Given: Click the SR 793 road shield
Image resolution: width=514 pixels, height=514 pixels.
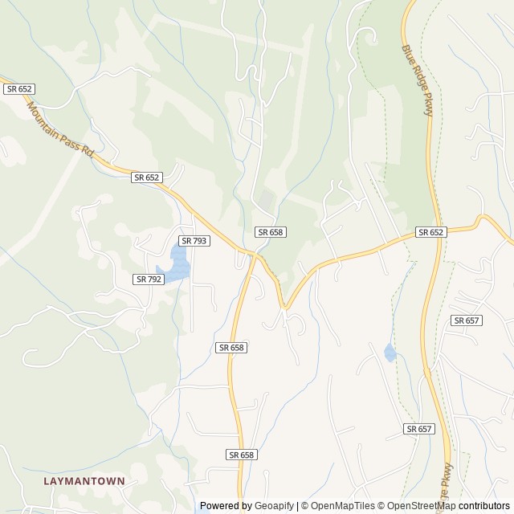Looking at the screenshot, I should point(194,240).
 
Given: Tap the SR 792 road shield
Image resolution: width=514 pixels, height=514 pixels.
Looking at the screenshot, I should point(149,279).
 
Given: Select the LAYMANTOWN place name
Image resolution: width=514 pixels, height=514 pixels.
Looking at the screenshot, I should point(84,480).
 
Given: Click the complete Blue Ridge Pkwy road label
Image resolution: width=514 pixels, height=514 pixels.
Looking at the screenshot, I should point(418,80).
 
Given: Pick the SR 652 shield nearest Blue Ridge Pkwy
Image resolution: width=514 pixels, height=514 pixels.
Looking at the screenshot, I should point(430,232).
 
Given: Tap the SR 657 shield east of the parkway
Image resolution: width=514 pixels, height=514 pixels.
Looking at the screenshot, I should point(466,320).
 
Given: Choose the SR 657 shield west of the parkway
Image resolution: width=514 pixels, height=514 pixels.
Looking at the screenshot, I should point(420,429).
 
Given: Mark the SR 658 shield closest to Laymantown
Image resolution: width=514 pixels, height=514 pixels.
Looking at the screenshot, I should point(241,455).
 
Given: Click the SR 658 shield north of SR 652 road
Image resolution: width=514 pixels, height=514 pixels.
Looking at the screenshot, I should point(271,232).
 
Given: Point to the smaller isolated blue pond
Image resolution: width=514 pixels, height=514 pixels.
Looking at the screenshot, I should point(390,352).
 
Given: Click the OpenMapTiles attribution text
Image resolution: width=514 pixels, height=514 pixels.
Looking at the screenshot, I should point(337,506).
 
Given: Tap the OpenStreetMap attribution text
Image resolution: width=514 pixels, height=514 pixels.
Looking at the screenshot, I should point(417,506).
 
